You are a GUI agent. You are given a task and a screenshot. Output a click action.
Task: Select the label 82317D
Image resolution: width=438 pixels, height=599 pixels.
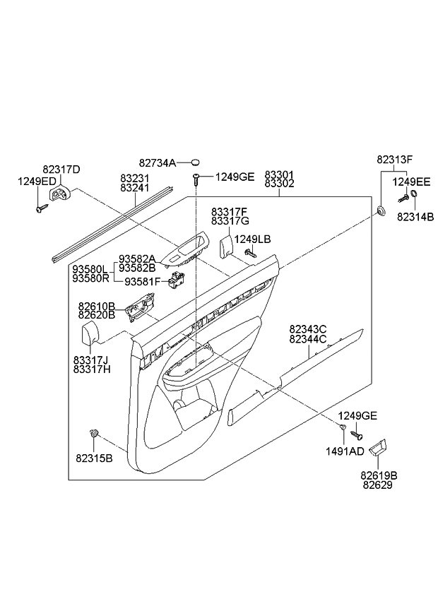[x=61, y=170]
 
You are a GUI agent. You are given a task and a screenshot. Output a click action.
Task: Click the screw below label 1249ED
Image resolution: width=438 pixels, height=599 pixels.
[x=41, y=208]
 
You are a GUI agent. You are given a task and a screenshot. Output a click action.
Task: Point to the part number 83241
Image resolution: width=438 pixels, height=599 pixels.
[x=134, y=189]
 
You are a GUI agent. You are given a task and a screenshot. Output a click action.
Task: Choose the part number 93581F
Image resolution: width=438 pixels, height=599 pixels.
[x=143, y=282]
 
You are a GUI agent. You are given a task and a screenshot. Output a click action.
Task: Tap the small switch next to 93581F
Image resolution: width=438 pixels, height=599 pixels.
[x=177, y=281]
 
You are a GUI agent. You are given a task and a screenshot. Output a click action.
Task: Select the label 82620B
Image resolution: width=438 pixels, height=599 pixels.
[x=97, y=316]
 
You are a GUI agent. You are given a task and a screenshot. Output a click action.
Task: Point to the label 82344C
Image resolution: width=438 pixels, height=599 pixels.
[x=307, y=339]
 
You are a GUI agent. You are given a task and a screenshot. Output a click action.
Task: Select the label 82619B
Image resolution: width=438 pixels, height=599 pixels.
[x=380, y=475]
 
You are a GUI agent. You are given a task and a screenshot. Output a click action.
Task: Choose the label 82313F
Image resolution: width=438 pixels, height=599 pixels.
[x=393, y=160]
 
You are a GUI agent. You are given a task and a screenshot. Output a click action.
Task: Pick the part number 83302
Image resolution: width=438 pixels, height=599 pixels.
[x=279, y=184]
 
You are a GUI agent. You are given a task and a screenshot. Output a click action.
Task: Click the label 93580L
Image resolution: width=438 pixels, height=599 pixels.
[x=89, y=269]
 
